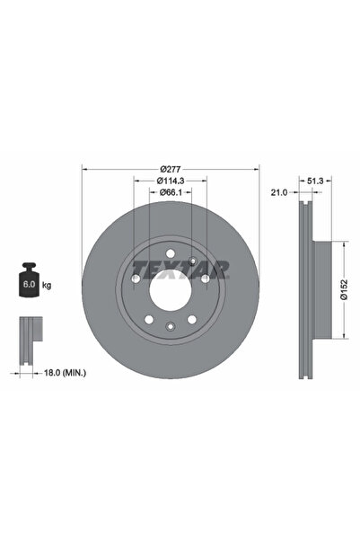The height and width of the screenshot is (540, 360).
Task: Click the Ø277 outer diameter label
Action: [x=171, y=169]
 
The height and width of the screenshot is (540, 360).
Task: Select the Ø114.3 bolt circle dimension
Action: [x=171, y=181]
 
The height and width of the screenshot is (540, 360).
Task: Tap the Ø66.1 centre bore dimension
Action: [x=171, y=192]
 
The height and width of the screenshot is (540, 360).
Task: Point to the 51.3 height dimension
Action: [x=315, y=181]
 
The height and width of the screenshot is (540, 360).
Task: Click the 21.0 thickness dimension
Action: [x=279, y=192]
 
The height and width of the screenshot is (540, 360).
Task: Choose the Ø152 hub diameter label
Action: [x=344, y=289]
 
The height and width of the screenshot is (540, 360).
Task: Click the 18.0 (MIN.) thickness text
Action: [x=65, y=373]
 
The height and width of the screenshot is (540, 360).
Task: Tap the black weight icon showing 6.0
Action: [x=29, y=279]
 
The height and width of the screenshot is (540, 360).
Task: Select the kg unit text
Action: [x=47, y=285]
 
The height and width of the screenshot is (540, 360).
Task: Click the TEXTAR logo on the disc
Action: [x=180, y=270]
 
